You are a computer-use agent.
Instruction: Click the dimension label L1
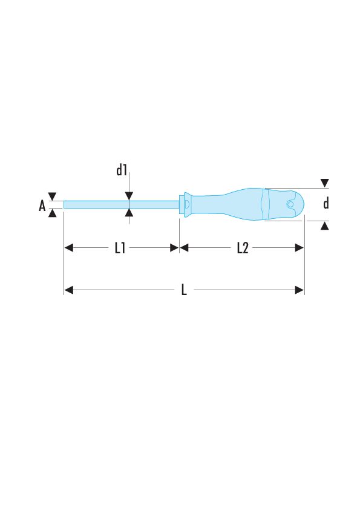click(120, 248)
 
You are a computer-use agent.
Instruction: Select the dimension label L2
click(242, 248)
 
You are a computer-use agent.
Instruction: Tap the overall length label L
click(184, 290)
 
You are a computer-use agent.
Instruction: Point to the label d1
click(122, 171)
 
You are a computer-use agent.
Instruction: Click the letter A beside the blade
click(42, 206)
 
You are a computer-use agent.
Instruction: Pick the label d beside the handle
click(326, 204)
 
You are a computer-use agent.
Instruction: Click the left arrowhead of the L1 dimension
click(68, 248)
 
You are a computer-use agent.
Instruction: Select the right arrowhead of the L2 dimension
click(299, 248)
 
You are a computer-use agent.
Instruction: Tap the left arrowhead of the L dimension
click(68, 290)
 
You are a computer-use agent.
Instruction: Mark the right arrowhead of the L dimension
click(299, 290)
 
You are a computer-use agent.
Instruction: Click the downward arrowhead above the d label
click(325, 183)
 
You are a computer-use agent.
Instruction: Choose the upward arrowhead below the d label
click(325, 225)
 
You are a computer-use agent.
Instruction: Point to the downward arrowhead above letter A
click(52, 196)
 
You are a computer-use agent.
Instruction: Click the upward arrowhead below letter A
click(52, 213)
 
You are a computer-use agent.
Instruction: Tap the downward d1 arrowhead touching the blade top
click(129, 196)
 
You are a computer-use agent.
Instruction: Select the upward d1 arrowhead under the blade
click(129, 212)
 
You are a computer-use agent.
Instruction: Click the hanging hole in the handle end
click(291, 205)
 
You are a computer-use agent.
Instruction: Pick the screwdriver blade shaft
click(121, 204)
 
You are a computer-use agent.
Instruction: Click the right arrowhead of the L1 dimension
click(174, 248)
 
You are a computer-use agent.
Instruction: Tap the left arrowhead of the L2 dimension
click(185, 248)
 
